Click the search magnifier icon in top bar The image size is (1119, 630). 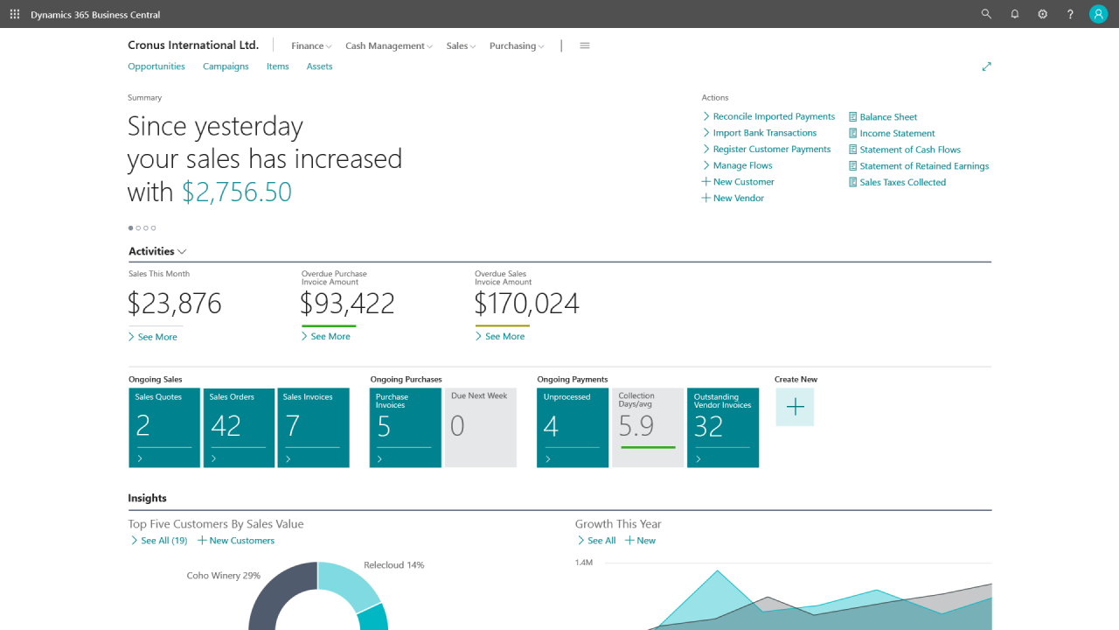(x=986, y=14)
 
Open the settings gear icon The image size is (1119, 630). (x=1042, y=14)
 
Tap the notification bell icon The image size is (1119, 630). (x=1014, y=14)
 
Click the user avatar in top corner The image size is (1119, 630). (x=1098, y=14)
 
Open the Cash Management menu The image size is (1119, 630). (x=388, y=45)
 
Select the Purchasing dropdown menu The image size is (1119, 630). (x=516, y=45)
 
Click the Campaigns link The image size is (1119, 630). (x=226, y=66)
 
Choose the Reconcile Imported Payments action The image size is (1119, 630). (x=773, y=116)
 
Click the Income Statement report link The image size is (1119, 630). (x=897, y=133)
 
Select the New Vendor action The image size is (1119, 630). (x=738, y=198)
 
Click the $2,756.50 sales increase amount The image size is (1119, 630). (x=236, y=192)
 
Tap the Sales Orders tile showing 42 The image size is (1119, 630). (x=239, y=427)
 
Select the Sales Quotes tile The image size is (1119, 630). (x=164, y=427)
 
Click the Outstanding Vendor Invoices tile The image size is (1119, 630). (x=722, y=427)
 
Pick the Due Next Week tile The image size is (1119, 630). (x=480, y=427)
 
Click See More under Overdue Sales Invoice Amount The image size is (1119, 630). (x=504, y=336)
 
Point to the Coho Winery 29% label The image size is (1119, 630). (x=223, y=576)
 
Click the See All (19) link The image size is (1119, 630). (x=163, y=541)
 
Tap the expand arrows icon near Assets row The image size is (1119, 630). (x=986, y=66)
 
